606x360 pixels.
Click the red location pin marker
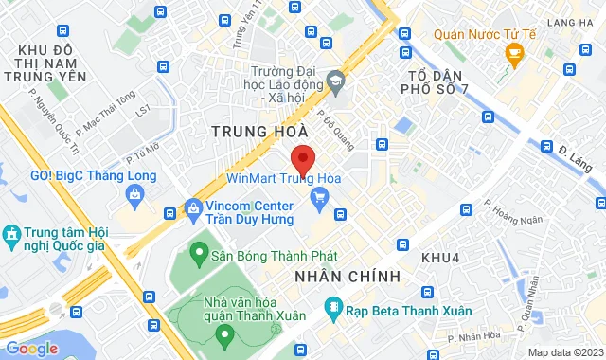[x=302, y=158]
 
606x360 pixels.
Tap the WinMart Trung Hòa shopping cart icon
[x=319, y=196]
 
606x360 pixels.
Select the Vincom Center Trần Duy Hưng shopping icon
[x=194, y=207]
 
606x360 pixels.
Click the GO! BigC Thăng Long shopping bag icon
[x=134, y=195]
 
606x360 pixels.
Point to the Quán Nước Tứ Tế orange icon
[x=515, y=56]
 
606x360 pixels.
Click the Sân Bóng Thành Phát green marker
[x=198, y=254]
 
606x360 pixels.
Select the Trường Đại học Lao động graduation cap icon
[x=333, y=82]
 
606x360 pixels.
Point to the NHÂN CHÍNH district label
[x=347, y=276]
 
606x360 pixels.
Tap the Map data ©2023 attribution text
[x=564, y=352]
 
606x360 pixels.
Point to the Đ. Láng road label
[x=573, y=153]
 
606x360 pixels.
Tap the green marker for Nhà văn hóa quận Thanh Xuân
[x=224, y=333]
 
